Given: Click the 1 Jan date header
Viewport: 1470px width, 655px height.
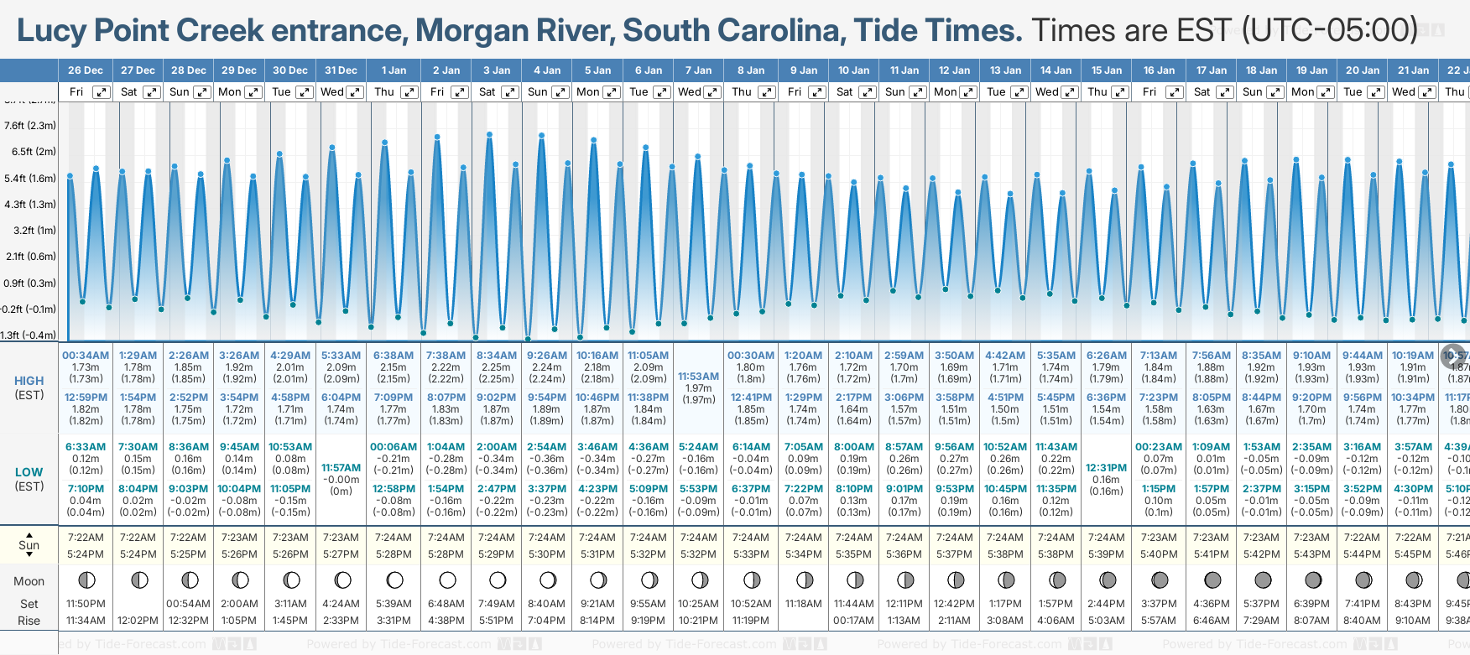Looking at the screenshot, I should tap(394, 70).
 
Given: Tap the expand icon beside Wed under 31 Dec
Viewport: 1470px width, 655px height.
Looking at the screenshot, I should tap(355, 92).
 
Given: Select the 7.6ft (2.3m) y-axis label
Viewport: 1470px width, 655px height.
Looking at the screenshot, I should tap(30, 126).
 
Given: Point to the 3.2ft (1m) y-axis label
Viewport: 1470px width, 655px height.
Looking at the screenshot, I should tap(30, 230).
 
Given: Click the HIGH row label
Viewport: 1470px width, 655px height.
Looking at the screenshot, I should tap(29, 381).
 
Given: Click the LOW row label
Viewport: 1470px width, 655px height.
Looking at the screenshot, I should tap(29, 472).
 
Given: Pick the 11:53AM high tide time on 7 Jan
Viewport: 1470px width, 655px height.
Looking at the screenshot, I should tap(698, 377).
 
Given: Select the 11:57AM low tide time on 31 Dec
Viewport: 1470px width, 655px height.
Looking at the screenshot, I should tap(341, 468).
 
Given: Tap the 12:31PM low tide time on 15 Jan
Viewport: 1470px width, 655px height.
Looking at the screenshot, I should tap(1106, 468).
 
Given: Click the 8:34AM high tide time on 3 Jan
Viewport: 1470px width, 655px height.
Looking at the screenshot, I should tap(497, 356).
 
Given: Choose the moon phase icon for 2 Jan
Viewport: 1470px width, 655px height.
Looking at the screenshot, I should tap(447, 580).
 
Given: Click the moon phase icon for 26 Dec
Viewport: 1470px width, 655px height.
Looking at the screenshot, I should tap(86, 580).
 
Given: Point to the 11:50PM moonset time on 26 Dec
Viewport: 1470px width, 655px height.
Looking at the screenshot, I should tap(86, 604).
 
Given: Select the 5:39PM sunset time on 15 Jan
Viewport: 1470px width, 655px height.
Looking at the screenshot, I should tap(1106, 554).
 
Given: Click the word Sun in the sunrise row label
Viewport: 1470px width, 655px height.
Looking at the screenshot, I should tap(29, 545).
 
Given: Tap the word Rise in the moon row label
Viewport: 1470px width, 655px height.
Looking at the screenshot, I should tap(29, 621).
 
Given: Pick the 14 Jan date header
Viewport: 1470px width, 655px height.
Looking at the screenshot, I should tap(1056, 70).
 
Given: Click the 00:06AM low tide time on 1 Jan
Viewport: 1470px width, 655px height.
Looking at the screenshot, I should tap(394, 447).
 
